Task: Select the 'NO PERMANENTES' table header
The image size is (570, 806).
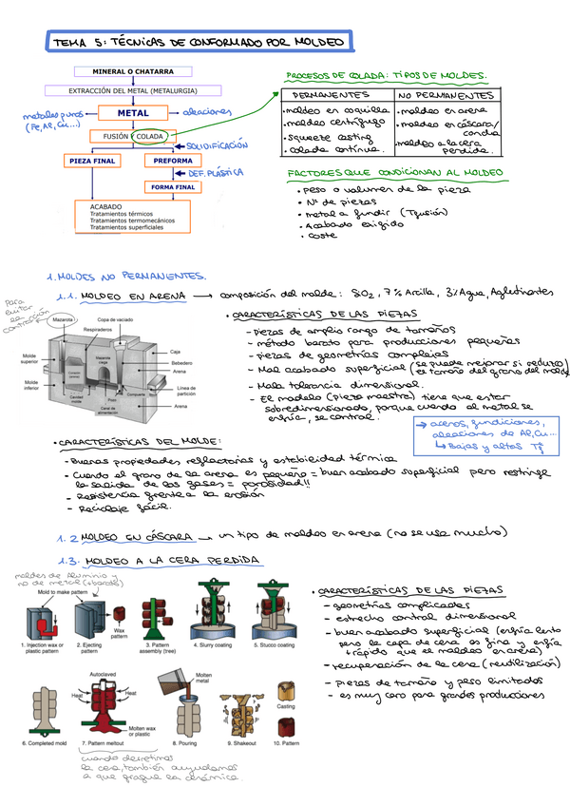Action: click(446, 97)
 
